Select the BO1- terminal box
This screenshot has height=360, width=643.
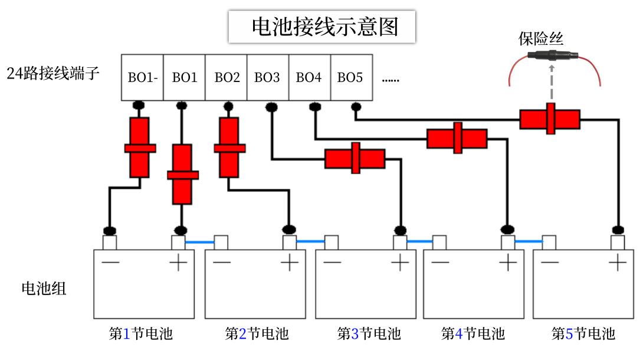coord(142,77)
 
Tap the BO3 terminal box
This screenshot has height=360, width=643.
coord(267,77)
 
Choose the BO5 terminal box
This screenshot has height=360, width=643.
coord(350,77)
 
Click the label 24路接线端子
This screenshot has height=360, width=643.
coord(53,74)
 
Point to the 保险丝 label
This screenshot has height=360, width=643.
coord(541,40)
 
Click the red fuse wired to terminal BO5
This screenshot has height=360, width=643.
coord(550,119)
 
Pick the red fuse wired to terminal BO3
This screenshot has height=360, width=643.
coord(355,158)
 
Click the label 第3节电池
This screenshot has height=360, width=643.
coord(369,334)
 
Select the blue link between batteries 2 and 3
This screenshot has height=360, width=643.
coord(310,241)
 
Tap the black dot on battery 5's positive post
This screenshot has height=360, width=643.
coord(618,229)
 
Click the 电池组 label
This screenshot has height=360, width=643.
coord(44,289)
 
